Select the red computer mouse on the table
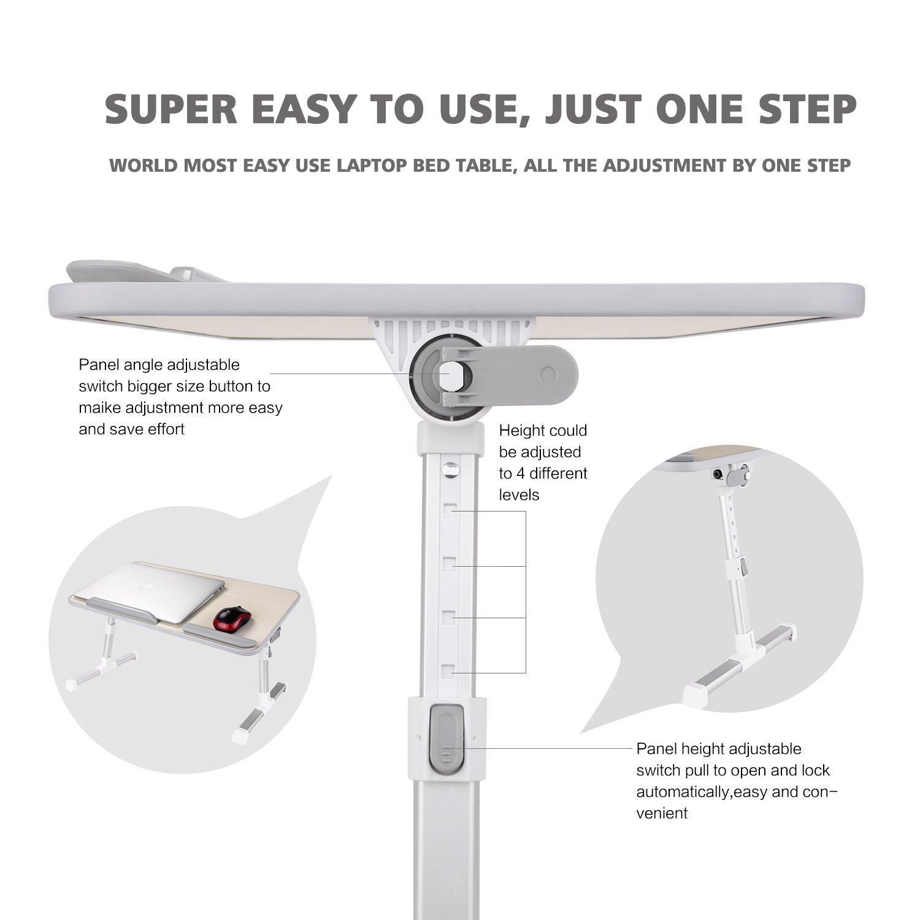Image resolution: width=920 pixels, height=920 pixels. coord(232,618)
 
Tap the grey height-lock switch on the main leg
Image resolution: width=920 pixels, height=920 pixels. coord(447,738)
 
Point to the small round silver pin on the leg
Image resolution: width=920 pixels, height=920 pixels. coord(452,469)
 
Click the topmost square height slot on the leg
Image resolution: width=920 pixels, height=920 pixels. coord(451,511)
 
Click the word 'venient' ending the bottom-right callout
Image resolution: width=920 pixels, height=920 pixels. coord(662,814)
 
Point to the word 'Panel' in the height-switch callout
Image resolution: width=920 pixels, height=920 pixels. coord(656,749)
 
